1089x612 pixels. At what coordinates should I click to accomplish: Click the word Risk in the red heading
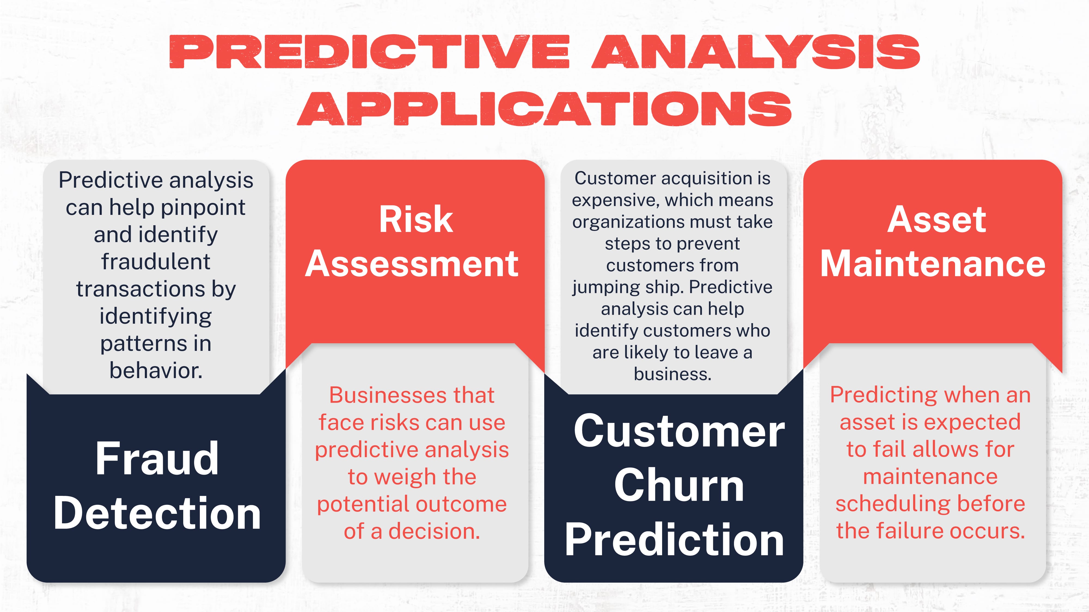(415, 220)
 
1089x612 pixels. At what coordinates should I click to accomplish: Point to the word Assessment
(411, 264)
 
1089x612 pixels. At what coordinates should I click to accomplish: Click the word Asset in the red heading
(936, 220)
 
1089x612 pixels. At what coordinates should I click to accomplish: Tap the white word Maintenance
(932, 264)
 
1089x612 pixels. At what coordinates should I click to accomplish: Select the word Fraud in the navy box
(157, 459)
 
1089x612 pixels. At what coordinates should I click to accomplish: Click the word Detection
(157, 513)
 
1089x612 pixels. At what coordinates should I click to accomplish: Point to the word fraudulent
(155, 262)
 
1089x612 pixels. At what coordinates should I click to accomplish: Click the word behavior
(155, 371)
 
